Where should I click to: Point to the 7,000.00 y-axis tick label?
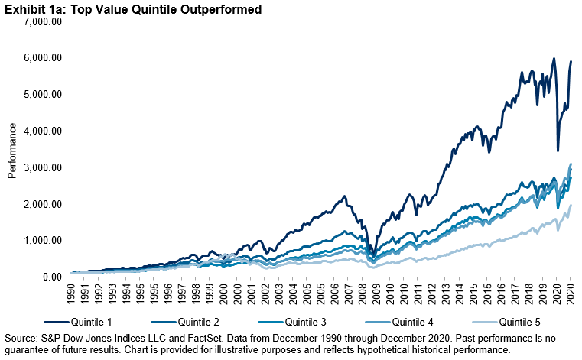pos(44,21)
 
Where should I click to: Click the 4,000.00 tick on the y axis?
pos(44,131)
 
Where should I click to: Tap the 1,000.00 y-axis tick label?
pos(44,241)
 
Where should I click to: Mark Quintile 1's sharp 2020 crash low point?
pos(558,151)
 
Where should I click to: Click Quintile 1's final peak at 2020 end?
pos(571,61)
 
